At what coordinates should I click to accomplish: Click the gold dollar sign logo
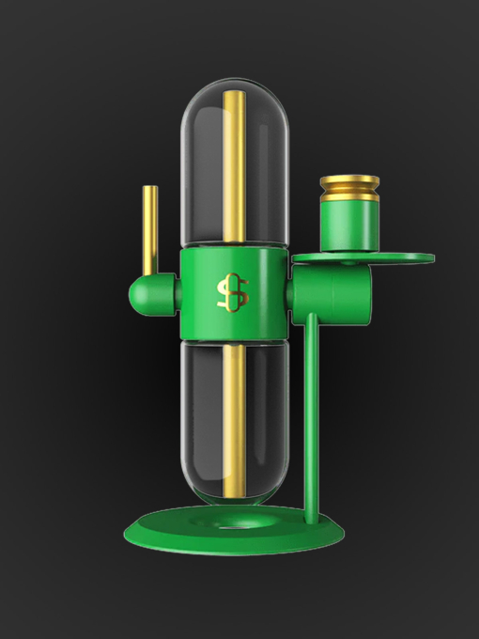[232, 292]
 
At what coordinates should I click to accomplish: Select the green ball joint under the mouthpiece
[147, 295]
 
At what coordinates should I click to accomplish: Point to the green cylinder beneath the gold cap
[349, 226]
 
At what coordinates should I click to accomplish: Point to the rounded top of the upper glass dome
[232, 90]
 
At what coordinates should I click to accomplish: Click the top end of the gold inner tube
[233, 94]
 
